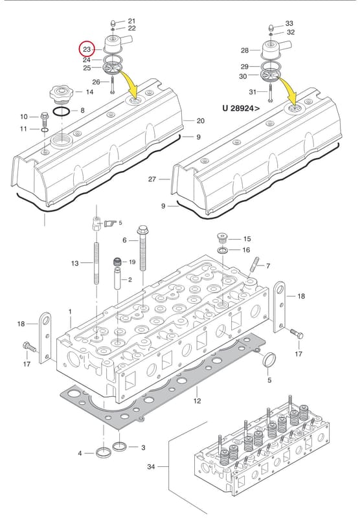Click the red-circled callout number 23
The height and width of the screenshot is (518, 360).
87,50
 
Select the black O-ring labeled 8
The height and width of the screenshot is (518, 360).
61,111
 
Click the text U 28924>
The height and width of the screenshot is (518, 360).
241,108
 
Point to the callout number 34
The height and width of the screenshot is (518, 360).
151,467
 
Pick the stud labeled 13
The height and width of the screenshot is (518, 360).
96,264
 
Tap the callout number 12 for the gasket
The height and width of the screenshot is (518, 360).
197,401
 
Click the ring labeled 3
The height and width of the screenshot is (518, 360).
119,447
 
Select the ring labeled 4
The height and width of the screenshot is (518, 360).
104,452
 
